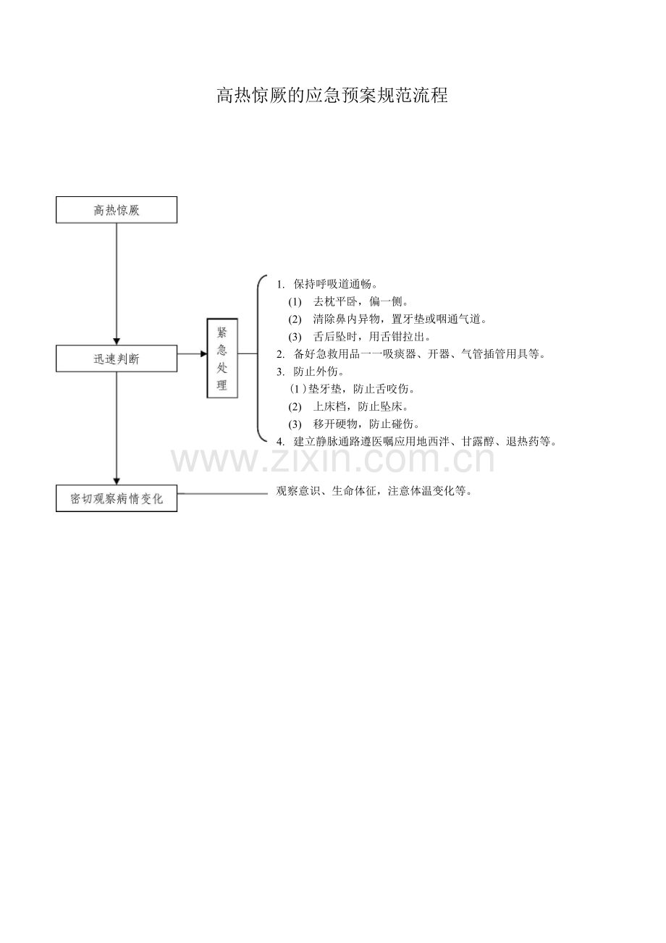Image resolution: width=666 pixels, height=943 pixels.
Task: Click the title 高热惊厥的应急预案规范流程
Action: click(x=332, y=96)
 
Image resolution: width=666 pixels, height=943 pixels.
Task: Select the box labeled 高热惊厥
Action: click(x=117, y=210)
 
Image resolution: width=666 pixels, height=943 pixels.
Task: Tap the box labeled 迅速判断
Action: click(x=117, y=359)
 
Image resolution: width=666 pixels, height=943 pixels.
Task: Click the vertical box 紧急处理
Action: click(x=222, y=358)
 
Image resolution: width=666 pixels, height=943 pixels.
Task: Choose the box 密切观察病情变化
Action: click(x=117, y=499)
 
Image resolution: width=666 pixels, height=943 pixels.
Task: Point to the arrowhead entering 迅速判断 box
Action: click(x=117, y=341)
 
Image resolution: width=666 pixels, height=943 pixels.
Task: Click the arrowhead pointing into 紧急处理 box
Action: click(x=203, y=354)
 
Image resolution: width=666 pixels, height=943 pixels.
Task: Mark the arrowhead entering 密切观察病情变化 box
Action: click(x=117, y=482)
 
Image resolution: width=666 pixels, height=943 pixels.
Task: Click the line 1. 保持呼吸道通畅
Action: click(x=328, y=283)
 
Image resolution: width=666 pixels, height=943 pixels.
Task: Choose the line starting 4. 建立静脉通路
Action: click(x=416, y=441)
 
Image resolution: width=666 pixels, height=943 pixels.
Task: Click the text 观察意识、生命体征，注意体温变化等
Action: click(x=375, y=491)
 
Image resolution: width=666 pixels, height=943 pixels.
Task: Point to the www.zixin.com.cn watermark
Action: click(x=332, y=460)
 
